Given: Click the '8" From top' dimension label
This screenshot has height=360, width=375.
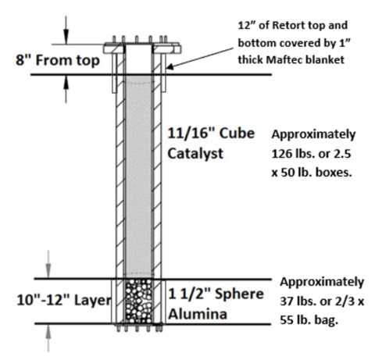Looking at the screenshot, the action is [x=58, y=60].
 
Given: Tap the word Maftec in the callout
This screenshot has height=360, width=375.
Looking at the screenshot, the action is [x=284, y=60].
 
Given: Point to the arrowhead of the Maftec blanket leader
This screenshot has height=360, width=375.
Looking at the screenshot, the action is [x=170, y=67].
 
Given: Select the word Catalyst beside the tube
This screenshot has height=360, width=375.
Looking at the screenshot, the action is [x=195, y=154].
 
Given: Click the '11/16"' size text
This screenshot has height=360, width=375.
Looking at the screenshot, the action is [x=191, y=134].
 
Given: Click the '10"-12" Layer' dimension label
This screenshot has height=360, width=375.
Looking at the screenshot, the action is [x=64, y=300].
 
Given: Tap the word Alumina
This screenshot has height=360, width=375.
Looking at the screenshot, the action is [x=198, y=314].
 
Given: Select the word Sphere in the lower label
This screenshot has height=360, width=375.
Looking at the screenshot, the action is [x=239, y=294].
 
